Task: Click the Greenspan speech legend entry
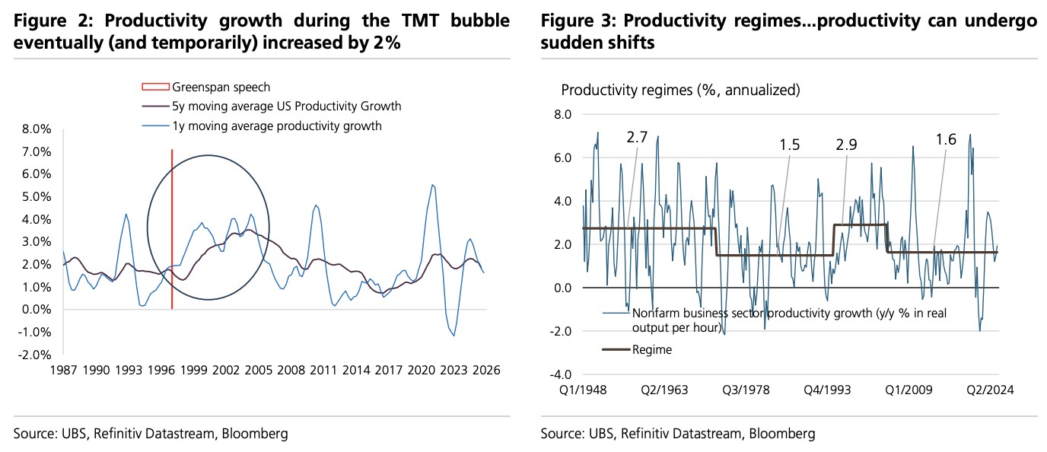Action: (221, 88)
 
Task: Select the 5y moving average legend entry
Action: (287, 107)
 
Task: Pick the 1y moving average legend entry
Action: (277, 126)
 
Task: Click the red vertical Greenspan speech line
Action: (172, 228)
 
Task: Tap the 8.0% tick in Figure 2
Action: (36, 129)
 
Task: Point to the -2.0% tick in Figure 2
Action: (34, 355)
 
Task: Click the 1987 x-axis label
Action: (62, 371)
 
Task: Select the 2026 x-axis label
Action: (485, 371)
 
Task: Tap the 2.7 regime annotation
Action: (638, 137)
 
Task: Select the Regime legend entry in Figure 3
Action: (651, 349)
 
